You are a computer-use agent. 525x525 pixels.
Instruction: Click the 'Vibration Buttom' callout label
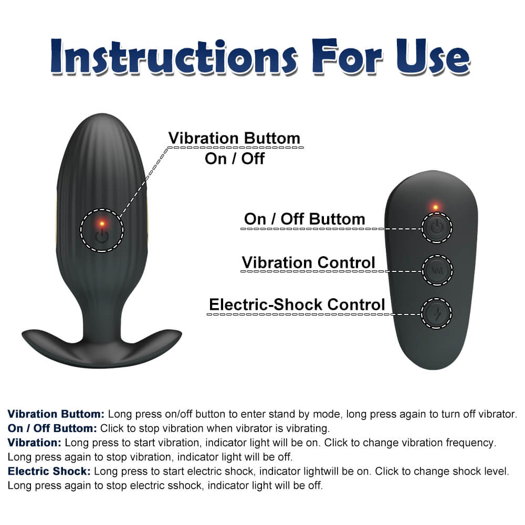click(234, 139)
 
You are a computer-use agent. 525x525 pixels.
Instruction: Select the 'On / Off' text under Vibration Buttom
click(235, 159)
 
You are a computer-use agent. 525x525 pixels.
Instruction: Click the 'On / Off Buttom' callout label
click(304, 219)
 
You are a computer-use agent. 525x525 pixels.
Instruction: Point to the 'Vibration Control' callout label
click(308, 262)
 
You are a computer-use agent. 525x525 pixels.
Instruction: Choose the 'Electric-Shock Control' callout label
click(297, 304)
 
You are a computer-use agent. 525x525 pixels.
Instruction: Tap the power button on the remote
click(437, 227)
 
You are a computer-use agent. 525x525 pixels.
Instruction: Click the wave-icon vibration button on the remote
click(437, 270)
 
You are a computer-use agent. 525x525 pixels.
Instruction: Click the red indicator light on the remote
click(435, 206)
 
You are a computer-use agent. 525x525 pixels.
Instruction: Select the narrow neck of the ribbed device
click(101, 315)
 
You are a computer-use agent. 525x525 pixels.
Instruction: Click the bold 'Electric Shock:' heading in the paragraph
click(49, 471)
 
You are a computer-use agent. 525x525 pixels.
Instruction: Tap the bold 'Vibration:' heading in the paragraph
click(35, 443)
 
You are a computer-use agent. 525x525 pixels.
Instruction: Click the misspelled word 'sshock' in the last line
click(186, 486)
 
